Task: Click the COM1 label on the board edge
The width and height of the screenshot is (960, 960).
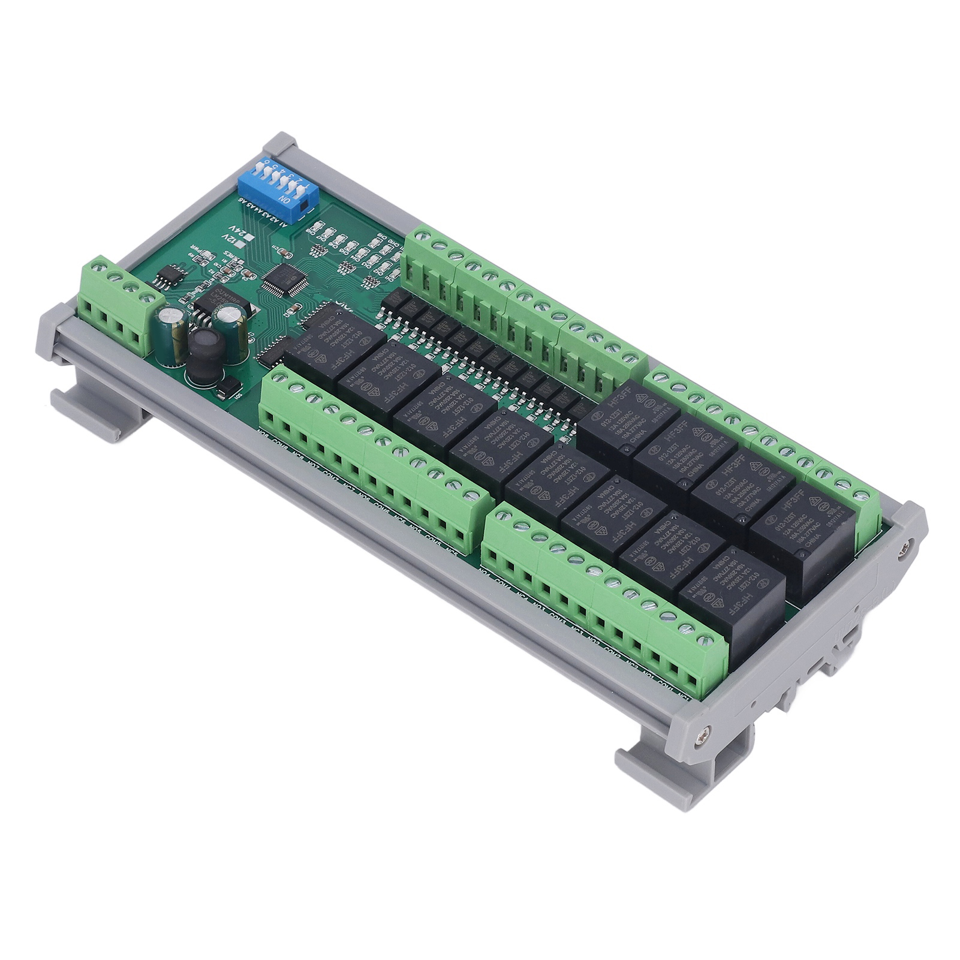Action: click(666, 682)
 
